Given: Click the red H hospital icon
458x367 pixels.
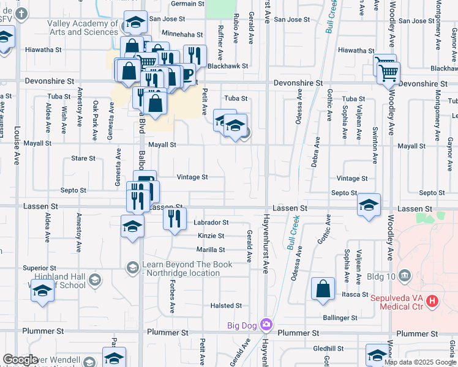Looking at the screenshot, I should (x=433, y=300).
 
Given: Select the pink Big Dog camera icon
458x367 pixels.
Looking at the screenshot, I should (x=266, y=324).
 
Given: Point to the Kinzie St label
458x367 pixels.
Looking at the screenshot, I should (x=211, y=235).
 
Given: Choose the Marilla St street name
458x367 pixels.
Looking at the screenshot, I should (x=211, y=250).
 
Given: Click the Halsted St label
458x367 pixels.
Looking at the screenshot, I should (x=227, y=305).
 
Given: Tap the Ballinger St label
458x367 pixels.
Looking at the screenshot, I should (x=340, y=318).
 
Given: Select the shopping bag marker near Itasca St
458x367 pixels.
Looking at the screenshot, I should (x=323, y=289).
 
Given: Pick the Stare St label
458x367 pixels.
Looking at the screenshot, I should (x=83, y=158).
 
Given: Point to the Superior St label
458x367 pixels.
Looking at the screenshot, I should (x=39, y=268).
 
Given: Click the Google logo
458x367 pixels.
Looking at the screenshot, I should (x=20, y=360).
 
